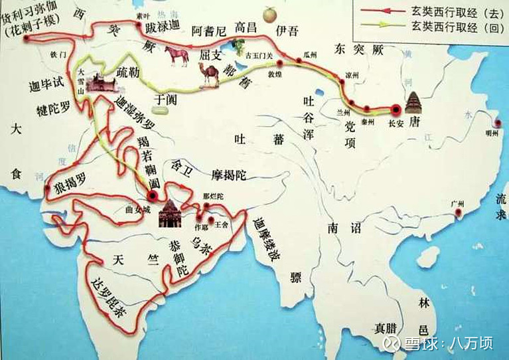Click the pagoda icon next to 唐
[x=414, y=104]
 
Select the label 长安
[x=396, y=122]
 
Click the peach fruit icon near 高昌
[x=268, y=13]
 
